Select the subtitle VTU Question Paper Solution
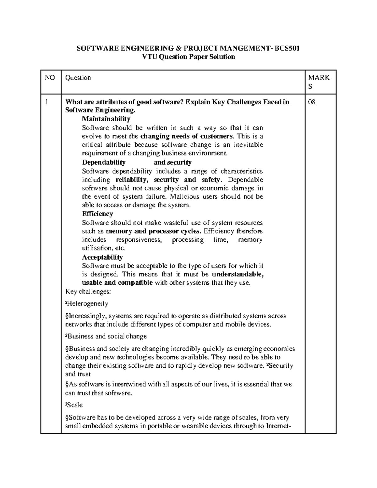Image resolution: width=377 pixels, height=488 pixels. click(188, 57)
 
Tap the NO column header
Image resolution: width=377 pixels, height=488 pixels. click(50, 78)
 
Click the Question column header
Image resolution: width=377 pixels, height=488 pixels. click(78, 78)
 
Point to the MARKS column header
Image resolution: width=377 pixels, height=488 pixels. click(319, 82)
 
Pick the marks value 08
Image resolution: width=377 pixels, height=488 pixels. click(312, 102)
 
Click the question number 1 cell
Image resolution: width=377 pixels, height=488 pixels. click(46, 102)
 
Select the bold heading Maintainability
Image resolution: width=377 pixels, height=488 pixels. click(106, 119)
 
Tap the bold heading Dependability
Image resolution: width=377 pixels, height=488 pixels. click(104, 162)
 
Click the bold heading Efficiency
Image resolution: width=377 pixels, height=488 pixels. click(97, 214)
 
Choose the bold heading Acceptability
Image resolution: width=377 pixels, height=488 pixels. click(102, 257)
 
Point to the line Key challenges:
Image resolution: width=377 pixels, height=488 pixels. click(88, 292)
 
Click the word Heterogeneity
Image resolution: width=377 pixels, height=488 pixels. click(88, 304)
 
